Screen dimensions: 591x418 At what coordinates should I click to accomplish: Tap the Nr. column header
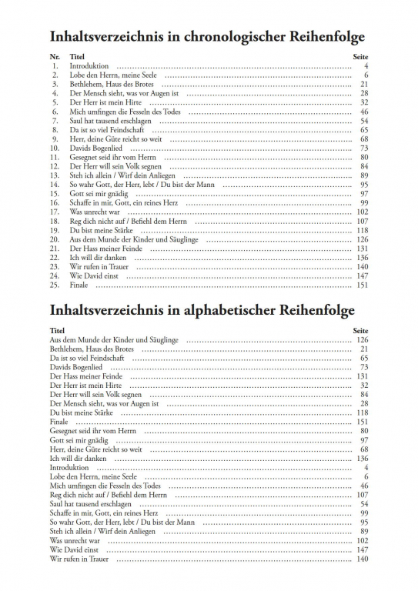coord(54,58)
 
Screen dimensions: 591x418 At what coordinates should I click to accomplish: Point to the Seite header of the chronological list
coord(360,58)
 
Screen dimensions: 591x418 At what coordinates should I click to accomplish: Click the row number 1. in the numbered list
coord(55,67)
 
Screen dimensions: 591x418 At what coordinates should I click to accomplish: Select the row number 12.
coord(55,166)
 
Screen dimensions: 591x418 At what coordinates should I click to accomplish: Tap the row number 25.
coord(55,285)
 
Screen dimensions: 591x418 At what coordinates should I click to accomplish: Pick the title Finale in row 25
coord(79,285)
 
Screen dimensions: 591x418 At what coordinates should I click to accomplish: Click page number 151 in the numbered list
coord(362,285)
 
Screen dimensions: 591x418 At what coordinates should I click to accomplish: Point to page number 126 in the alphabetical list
coord(362,339)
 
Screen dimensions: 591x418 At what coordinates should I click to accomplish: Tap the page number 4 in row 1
coord(366,67)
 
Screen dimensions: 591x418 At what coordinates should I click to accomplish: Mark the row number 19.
coord(55,230)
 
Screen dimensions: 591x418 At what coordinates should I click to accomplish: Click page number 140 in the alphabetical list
coord(362,558)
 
